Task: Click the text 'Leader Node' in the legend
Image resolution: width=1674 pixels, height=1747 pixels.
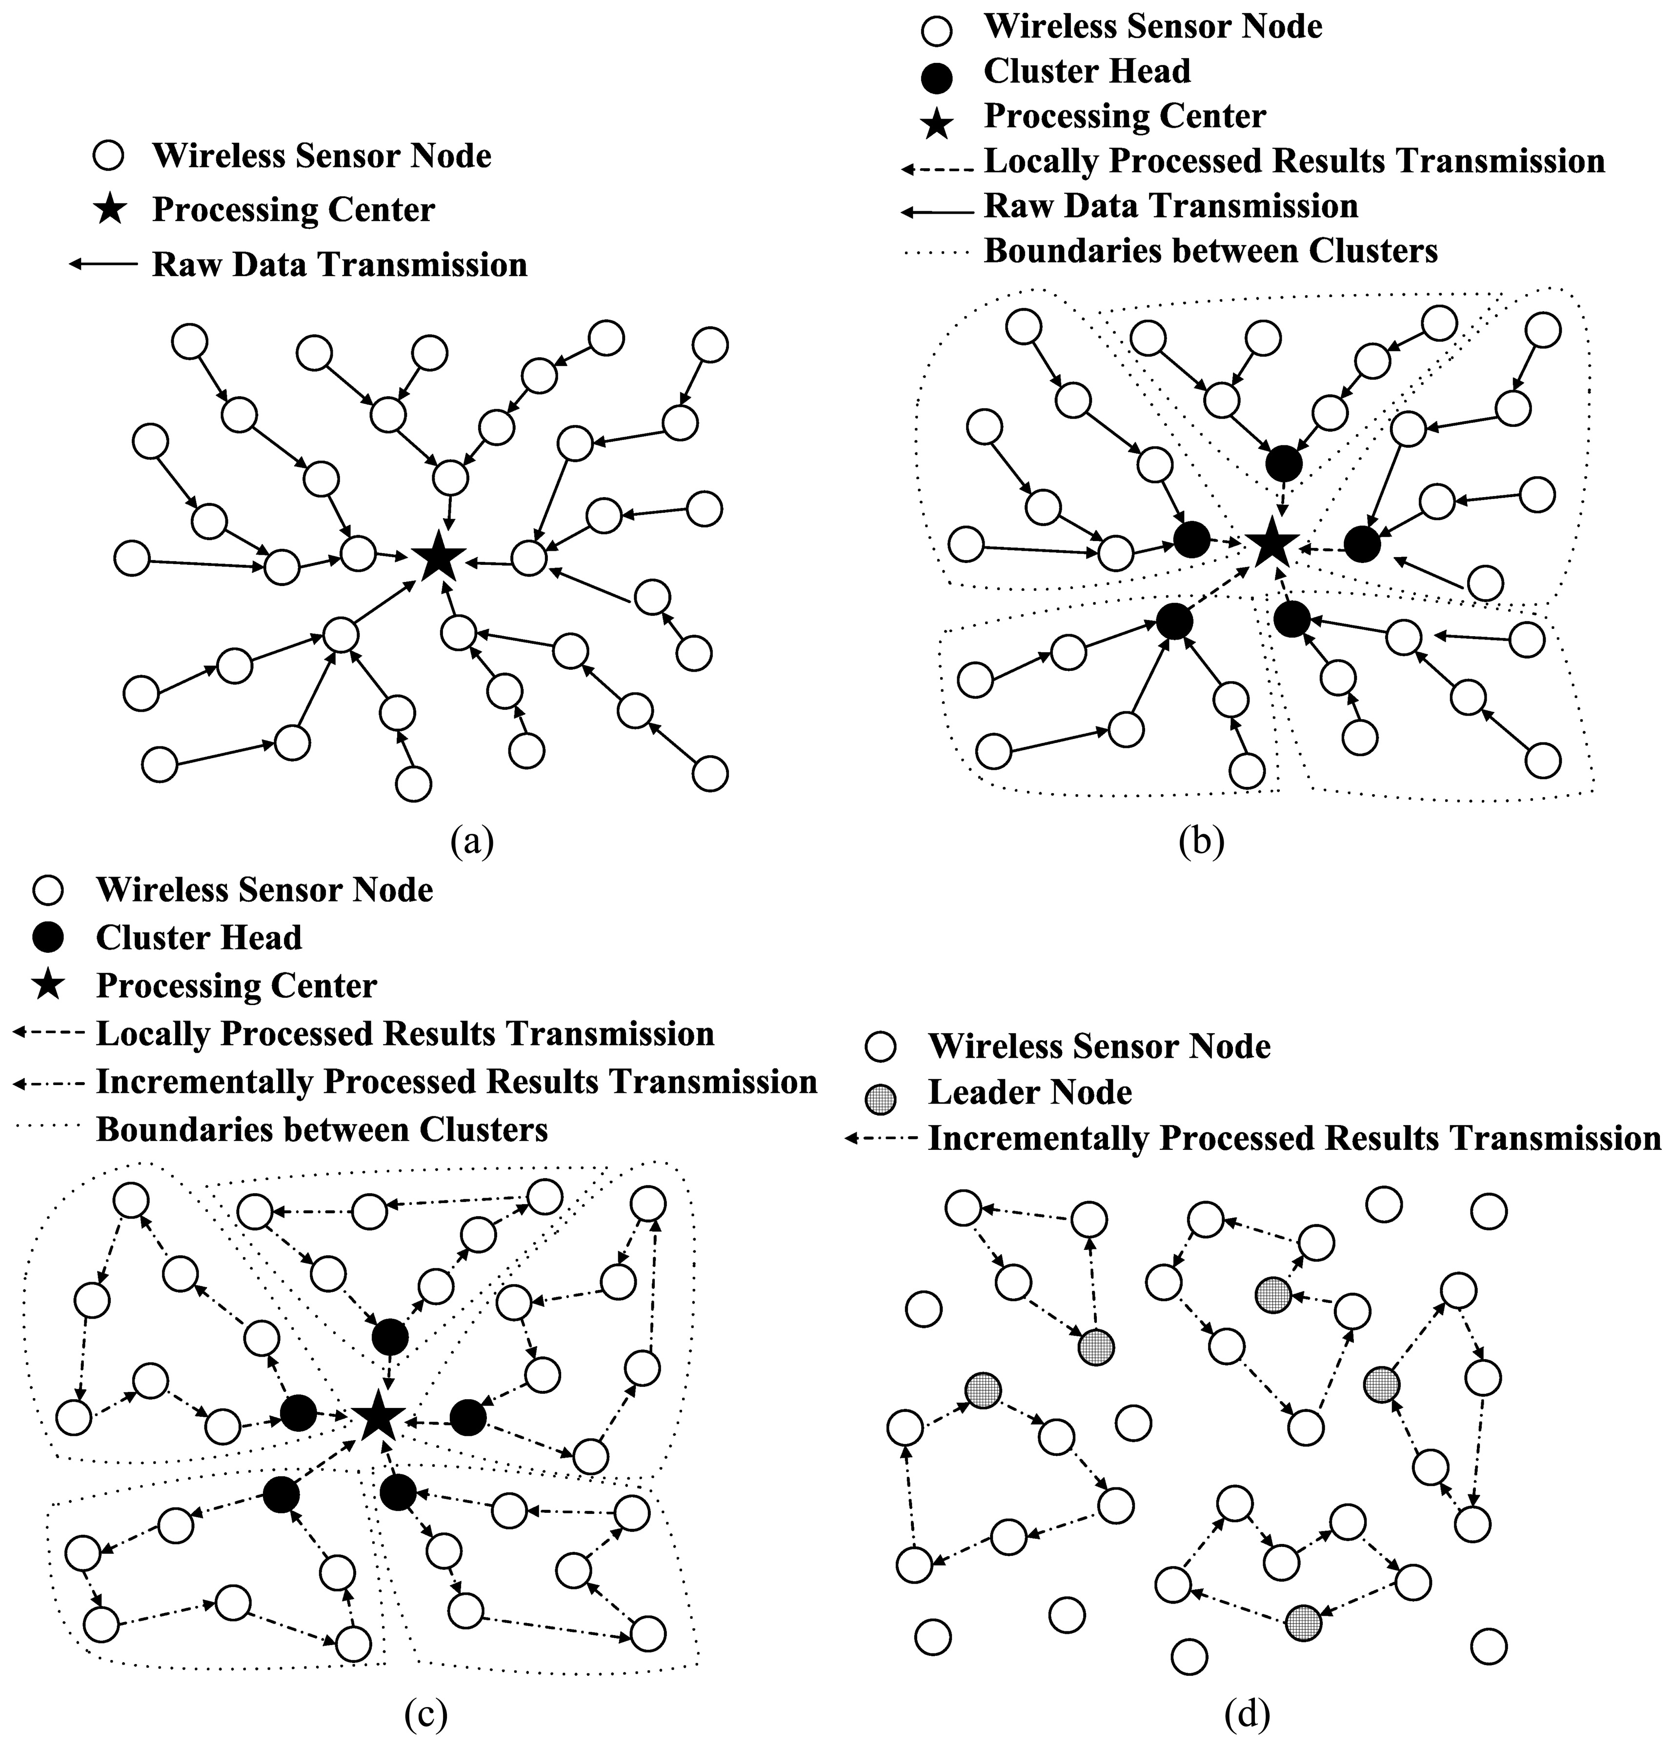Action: point(1029,1093)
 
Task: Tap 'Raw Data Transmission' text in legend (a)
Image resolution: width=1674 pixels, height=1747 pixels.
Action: point(340,265)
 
